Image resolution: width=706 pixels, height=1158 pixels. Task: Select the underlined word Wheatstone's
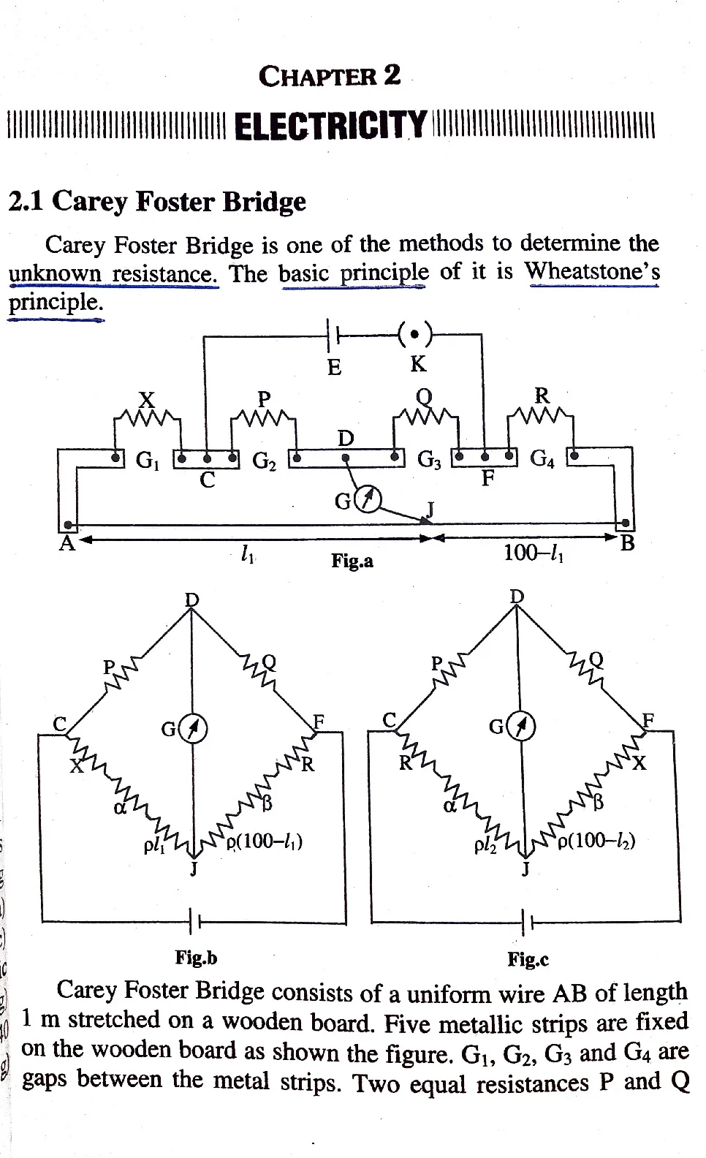point(593,270)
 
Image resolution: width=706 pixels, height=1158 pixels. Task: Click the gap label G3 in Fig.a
point(429,459)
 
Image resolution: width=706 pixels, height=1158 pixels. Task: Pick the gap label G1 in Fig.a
point(148,459)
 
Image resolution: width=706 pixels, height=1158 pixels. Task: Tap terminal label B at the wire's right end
point(627,543)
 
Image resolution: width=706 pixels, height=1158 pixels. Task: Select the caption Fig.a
point(352,561)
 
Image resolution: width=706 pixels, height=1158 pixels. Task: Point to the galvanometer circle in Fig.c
point(523,727)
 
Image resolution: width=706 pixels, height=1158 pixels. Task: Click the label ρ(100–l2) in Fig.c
point(596,841)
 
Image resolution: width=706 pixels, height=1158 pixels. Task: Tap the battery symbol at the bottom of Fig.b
point(194,921)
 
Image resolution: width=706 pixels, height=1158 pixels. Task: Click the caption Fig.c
point(528,959)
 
